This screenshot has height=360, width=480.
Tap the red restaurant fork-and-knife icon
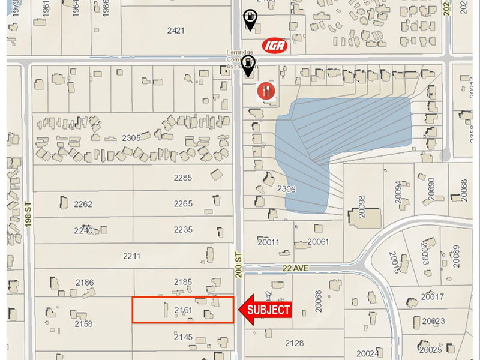click(x=266, y=91)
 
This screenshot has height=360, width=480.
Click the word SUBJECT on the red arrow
click(x=269, y=310)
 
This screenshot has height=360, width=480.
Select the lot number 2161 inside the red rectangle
click(x=182, y=310)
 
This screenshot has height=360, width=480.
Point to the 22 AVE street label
click(x=293, y=268)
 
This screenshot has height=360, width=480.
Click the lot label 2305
click(x=131, y=138)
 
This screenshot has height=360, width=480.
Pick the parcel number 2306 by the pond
click(x=286, y=189)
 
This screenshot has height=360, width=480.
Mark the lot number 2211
click(x=131, y=256)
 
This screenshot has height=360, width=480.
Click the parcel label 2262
click(x=83, y=204)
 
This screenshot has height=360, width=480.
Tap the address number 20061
click(x=318, y=242)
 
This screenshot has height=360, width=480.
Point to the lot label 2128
click(x=294, y=343)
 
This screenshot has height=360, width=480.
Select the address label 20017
click(x=432, y=296)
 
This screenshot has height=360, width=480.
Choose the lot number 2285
click(x=182, y=178)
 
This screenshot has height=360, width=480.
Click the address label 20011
click(x=268, y=242)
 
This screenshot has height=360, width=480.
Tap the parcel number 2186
click(x=85, y=282)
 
